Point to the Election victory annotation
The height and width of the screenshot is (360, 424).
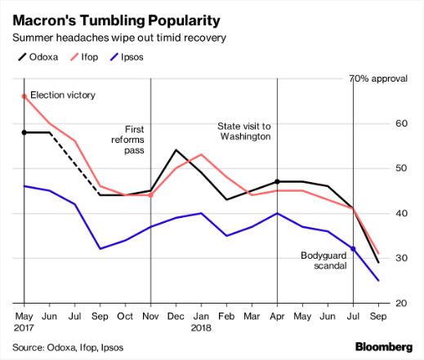[x=63, y=96]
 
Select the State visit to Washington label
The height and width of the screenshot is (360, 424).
[x=243, y=131]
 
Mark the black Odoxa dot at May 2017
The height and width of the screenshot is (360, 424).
[x=24, y=132]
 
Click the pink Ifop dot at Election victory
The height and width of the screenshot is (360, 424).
[x=24, y=96]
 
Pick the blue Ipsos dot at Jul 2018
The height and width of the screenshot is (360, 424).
[x=353, y=248]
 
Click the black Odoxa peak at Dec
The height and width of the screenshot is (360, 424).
[x=176, y=150]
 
